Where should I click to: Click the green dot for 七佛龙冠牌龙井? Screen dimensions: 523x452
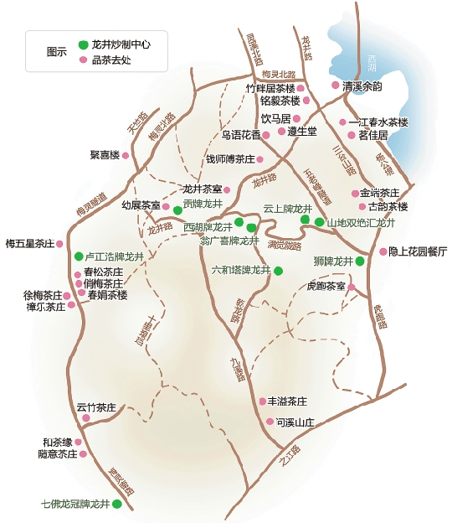[x=117, y=505]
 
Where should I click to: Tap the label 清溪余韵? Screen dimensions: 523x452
[x=362, y=86]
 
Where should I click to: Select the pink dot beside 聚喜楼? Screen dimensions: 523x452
[x=128, y=155]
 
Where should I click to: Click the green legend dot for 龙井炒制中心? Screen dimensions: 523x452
[x=83, y=44]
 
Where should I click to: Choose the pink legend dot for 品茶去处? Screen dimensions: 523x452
[x=83, y=60]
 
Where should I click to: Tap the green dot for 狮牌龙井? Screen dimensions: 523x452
[x=359, y=261]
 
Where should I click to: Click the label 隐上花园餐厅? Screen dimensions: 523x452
[x=419, y=251]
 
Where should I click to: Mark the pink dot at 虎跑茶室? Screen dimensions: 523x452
[x=352, y=287]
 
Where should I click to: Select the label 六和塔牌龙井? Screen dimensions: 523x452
[x=242, y=271]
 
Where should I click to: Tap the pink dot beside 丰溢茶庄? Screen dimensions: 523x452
[x=262, y=401]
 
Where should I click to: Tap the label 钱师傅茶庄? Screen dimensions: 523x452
[x=229, y=159]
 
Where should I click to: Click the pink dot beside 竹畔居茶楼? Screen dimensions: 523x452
[x=306, y=86]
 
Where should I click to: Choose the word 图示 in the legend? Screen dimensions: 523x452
[x=57, y=52]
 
